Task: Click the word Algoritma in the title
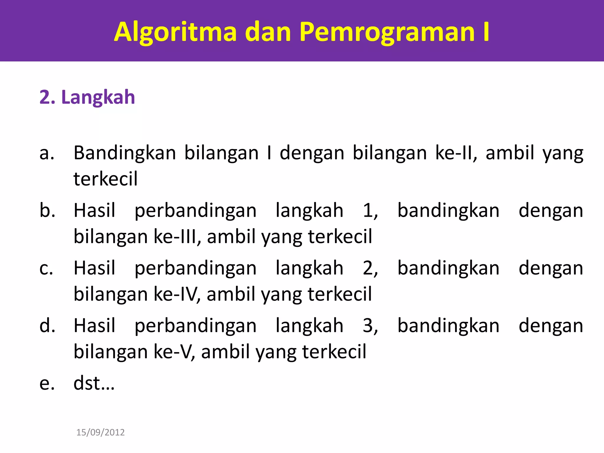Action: (x=175, y=32)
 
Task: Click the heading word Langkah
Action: (x=98, y=97)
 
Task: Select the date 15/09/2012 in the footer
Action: (x=100, y=432)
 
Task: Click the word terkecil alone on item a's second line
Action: (x=105, y=179)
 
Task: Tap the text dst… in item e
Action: (x=94, y=383)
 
